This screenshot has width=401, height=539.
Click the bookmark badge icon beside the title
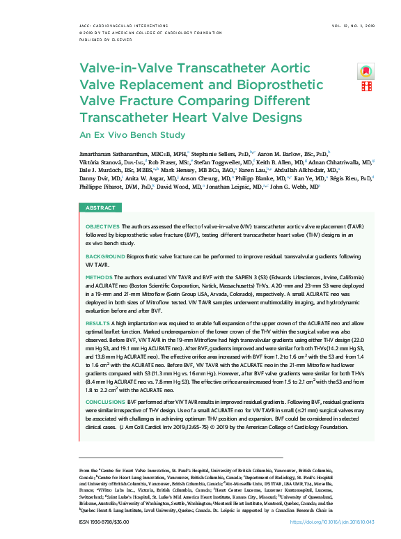[365, 72]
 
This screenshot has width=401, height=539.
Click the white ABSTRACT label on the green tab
[100, 208]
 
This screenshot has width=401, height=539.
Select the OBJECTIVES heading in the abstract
[102, 226]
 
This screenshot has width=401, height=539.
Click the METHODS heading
[99, 277]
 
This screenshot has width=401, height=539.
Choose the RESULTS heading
[97, 324]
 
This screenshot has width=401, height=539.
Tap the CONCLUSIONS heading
[105, 402]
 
